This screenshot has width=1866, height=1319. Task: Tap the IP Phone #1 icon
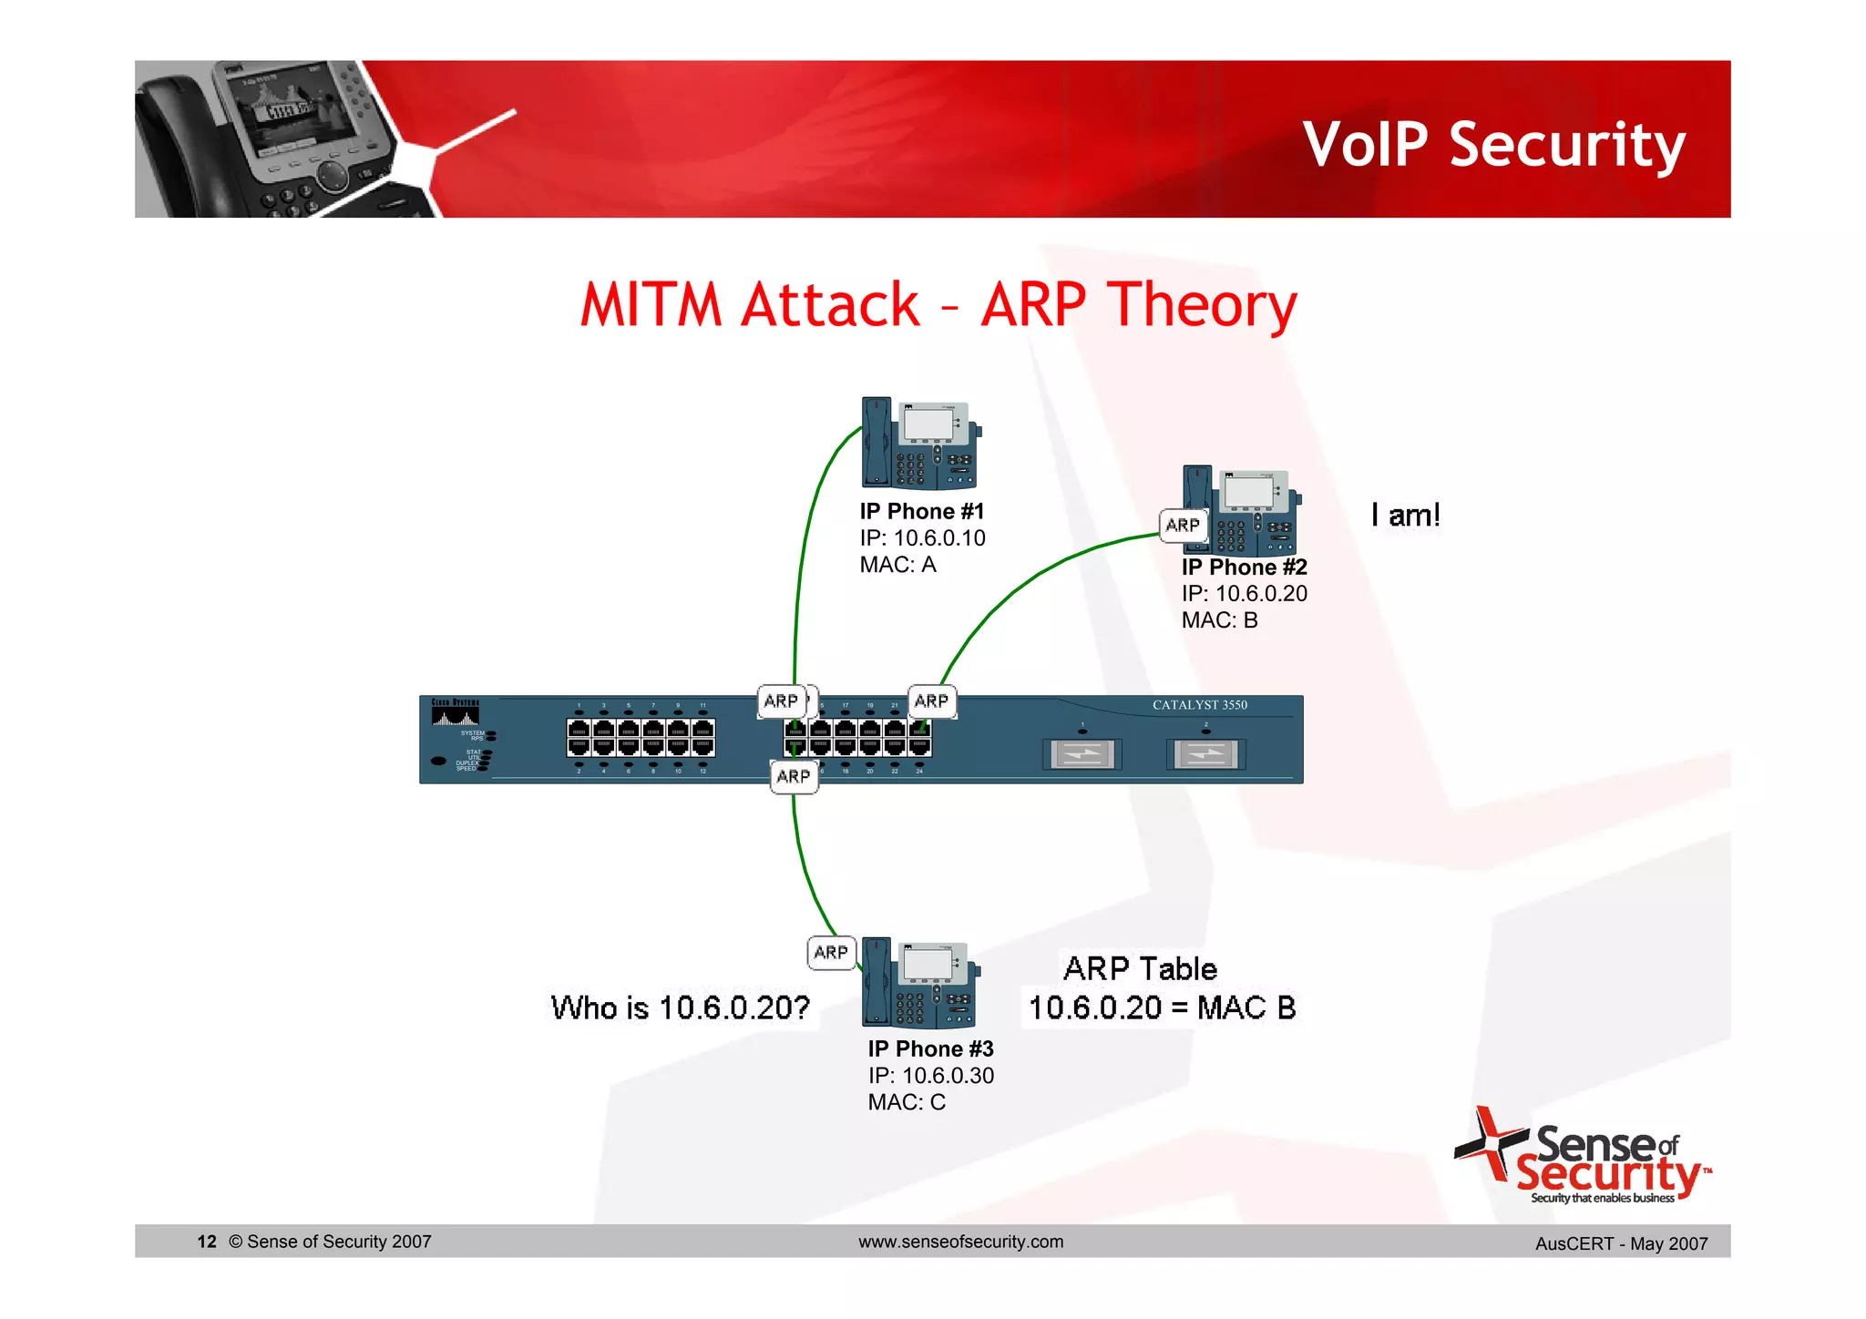point(920,445)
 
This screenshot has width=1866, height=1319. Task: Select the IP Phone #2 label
point(1244,567)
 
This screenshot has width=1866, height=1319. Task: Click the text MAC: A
point(897,565)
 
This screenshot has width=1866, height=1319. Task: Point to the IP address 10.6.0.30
point(948,1076)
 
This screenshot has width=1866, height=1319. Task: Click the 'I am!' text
point(1405,516)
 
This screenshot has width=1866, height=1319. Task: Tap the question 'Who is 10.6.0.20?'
point(680,1008)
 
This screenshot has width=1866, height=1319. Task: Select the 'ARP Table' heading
point(1140,969)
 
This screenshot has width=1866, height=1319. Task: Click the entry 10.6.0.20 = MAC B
point(1162,1008)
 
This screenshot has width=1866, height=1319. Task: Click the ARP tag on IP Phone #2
point(1183,526)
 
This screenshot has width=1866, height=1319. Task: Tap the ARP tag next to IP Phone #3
point(831,953)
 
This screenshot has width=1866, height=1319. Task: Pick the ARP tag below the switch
point(794,777)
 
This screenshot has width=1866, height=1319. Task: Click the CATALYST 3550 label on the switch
point(1199,705)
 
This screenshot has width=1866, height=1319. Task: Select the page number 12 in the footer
point(207,1242)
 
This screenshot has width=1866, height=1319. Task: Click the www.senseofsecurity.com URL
point(960,1242)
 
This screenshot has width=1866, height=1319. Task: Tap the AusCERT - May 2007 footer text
point(1621,1243)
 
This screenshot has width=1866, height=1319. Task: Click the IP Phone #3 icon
point(920,984)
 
